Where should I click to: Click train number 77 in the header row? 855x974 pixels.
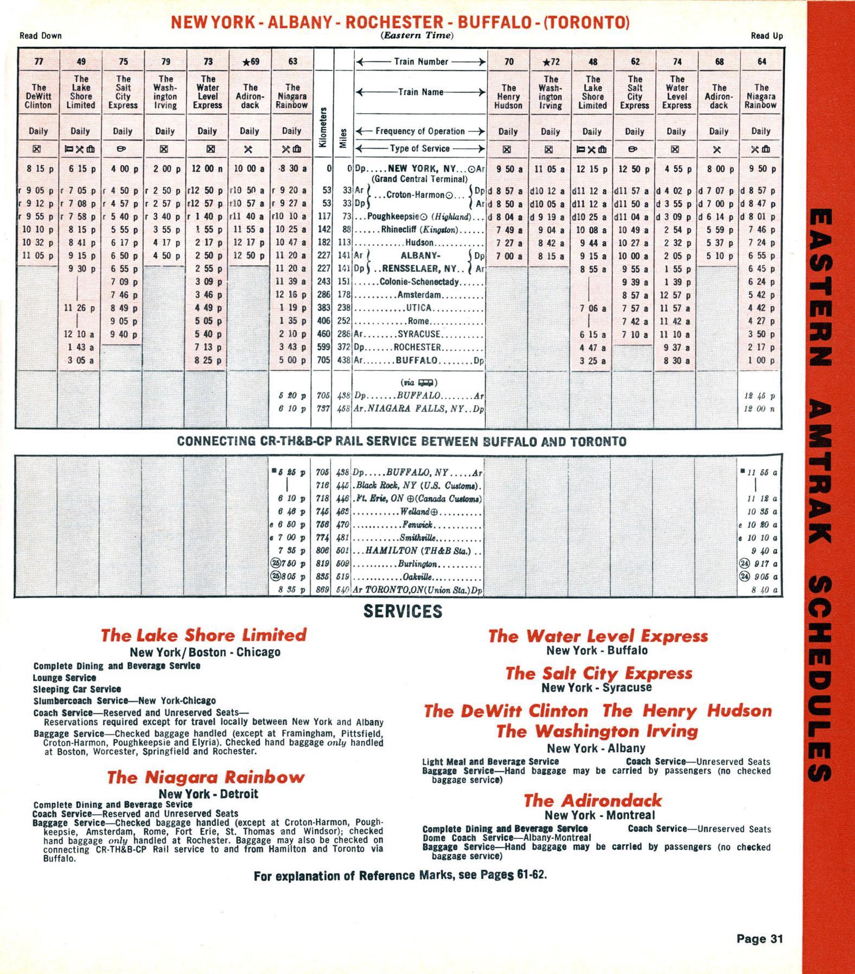pos(39,61)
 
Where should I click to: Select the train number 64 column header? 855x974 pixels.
pos(762,61)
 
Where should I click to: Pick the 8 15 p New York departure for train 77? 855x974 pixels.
pos(39,169)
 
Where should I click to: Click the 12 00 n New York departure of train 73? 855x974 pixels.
pos(207,169)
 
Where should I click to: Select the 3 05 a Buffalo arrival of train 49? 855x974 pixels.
pos(80,360)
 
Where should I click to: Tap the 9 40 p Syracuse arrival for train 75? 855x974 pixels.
pos(123,334)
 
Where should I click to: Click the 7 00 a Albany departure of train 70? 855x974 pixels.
pos(508,256)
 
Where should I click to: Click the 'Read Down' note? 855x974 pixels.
pos(41,36)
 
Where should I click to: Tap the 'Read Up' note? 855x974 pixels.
pos(767,36)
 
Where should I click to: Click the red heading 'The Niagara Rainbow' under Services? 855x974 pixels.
pos(206,777)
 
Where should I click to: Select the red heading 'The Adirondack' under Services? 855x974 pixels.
pos(592,800)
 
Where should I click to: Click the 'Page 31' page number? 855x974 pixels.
pos(760,939)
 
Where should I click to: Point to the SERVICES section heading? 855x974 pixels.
pos(403,611)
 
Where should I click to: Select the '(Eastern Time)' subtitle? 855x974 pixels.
pos(417,35)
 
